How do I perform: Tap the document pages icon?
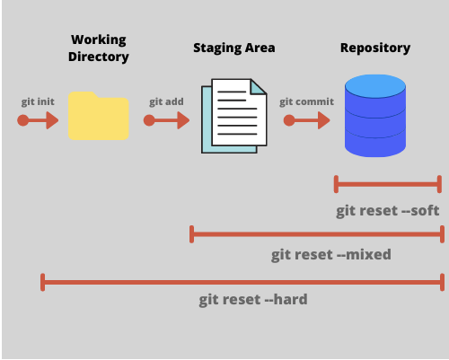[233, 115]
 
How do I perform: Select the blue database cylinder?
[375, 118]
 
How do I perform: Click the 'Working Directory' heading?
[100, 48]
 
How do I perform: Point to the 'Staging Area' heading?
[233, 48]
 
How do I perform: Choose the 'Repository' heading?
[374, 48]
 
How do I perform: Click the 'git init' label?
[38, 101]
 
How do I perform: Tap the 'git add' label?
[166, 101]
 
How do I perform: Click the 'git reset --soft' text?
[388, 211]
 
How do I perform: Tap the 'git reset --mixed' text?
[330, 255]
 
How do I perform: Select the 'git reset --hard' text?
[252, 299]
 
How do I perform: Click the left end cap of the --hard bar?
[42, 283]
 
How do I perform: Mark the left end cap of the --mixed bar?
[191, 234]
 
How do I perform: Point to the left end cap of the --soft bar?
[336, 184]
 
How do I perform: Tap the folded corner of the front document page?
[259, 86]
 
